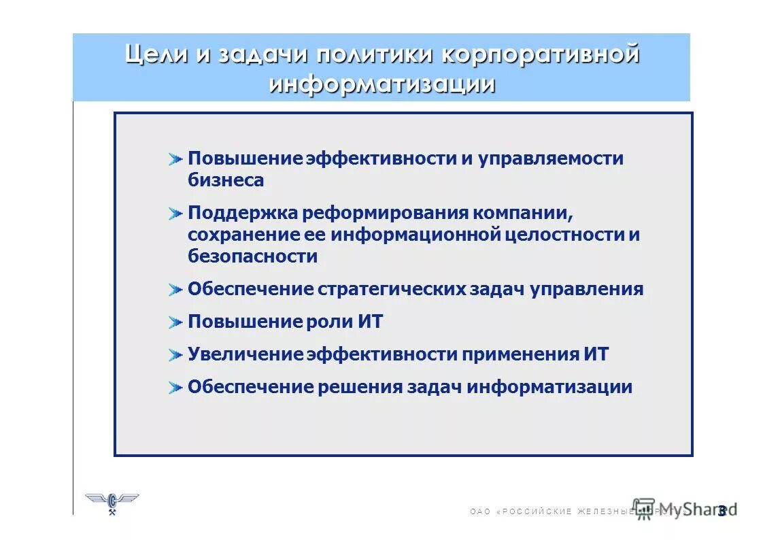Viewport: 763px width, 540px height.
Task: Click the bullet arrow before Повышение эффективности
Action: tap(176, 159)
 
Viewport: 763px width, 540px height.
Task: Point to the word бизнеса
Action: tap(226, 181)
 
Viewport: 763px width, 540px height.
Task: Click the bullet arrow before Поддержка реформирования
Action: tap(176, 214)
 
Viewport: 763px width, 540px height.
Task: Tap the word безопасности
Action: tap(252, 256)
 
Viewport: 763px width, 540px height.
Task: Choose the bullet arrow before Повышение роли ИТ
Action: tap(176, 322)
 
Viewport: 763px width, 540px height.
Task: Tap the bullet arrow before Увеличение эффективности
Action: tap(176, 355)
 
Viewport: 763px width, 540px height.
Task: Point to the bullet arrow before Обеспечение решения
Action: tap(176, 388)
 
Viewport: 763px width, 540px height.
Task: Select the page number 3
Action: tap(722, 511)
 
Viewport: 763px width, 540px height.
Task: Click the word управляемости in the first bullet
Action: tap(550, 158)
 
